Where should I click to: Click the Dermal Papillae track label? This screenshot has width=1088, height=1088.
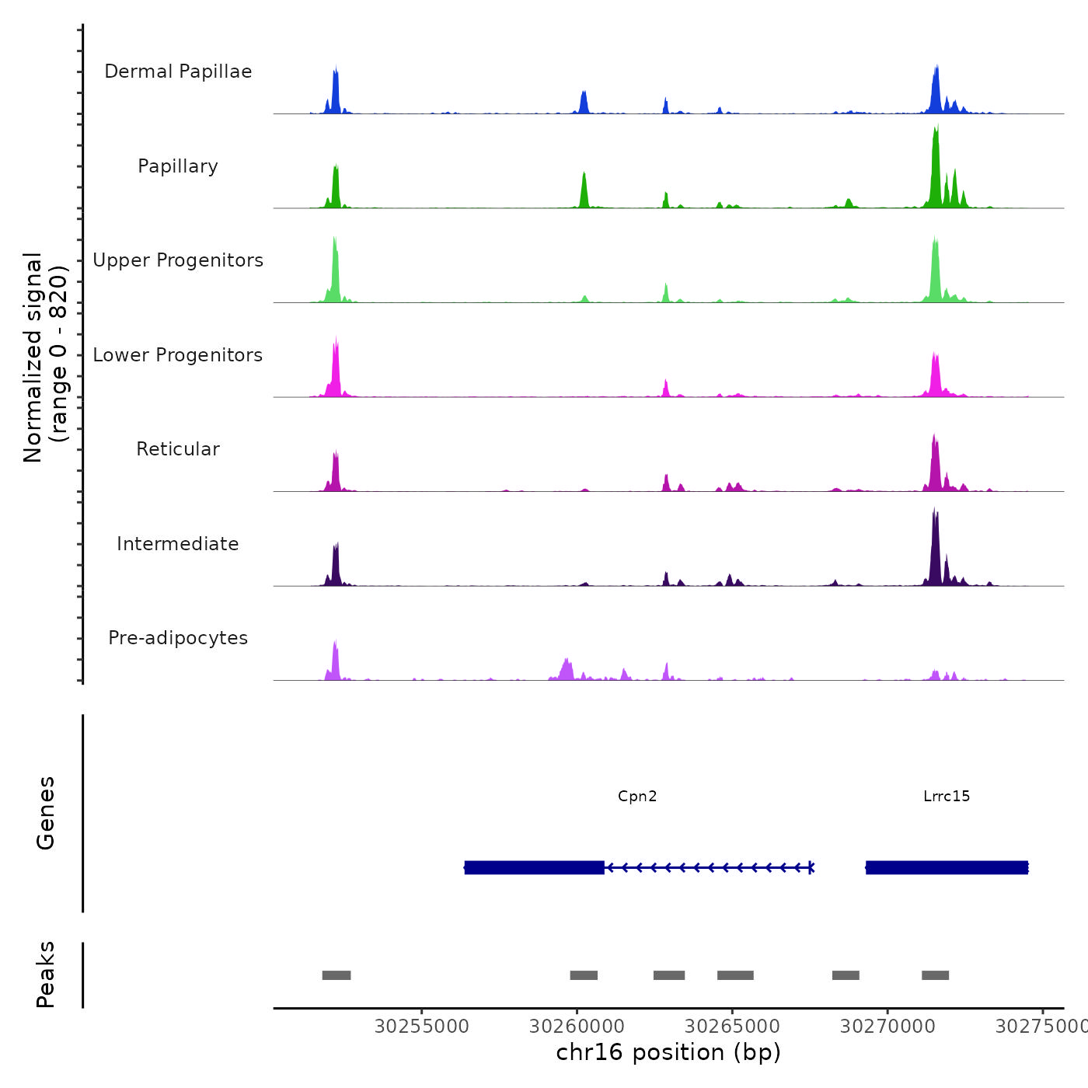tap(178, 71)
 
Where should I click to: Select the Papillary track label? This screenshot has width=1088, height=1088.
tap(178, 166)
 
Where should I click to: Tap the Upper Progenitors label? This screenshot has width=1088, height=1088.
tap(178, 260)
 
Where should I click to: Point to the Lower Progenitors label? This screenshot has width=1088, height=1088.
tap(178, 355)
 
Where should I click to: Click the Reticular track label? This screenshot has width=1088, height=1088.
tap(178, 449)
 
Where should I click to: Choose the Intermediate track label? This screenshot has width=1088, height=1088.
tap(178, 544)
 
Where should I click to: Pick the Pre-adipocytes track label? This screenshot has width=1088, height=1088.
tap(178, 638)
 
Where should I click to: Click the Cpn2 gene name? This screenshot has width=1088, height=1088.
tap(637, 796)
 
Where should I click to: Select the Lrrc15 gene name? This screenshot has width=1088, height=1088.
tap(947, 796)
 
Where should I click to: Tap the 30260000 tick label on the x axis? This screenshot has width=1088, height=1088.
tap(577, 1027)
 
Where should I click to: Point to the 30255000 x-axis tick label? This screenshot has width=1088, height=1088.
tap(422, 1027)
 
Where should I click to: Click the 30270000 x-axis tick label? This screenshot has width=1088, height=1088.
tap(887, 1027)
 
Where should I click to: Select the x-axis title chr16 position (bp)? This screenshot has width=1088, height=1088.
tap(668, 1052)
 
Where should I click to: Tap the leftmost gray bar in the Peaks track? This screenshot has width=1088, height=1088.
tap(337, 975)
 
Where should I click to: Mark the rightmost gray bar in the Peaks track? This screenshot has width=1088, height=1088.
tap(935, 975)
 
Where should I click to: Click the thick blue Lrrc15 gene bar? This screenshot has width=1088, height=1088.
tap(947, 867)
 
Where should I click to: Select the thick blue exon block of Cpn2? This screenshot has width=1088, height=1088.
tap(534, 867)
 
